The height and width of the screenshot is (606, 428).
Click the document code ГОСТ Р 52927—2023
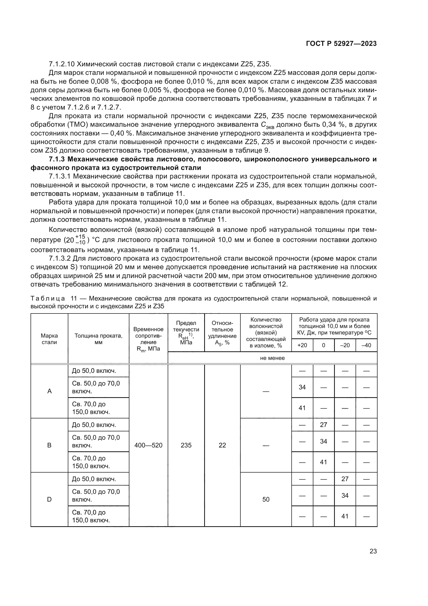(x=341, y=44)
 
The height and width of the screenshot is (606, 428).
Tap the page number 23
(x=373, y=551)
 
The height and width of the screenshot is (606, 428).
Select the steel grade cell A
(x=49, y=391)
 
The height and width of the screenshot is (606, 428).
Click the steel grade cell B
(x=49, y=445)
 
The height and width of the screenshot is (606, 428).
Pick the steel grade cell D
(x=49, y=499)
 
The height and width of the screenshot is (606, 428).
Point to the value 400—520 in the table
(x=148, y=445)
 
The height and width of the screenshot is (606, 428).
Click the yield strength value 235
(x=186, y=445)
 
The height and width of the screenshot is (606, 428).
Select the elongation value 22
(x=222, y=445)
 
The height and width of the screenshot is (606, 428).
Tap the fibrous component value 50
(x=266, y=499)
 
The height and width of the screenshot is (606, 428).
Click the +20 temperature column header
(x=302, y=345)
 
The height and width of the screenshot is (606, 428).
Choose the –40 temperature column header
(x=366, y=345)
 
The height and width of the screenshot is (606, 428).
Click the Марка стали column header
(x=49, y=339)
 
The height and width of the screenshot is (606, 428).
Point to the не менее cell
(x=272, y=358)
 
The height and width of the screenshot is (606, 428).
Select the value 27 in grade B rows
(x=323, y=425)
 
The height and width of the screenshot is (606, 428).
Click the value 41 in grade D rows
(x=345, y=516)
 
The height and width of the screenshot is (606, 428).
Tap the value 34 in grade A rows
(x=302, y=387)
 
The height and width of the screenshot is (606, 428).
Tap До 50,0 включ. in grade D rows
(x=94, y=479)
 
